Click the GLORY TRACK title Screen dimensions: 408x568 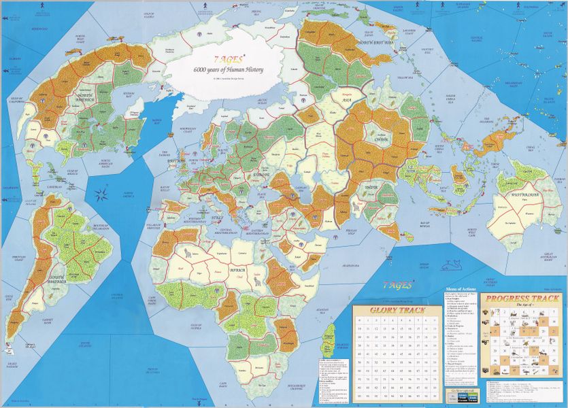[390, 311]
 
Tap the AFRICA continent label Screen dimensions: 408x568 [237, 269]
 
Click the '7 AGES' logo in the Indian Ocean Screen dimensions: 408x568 [397, 286]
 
